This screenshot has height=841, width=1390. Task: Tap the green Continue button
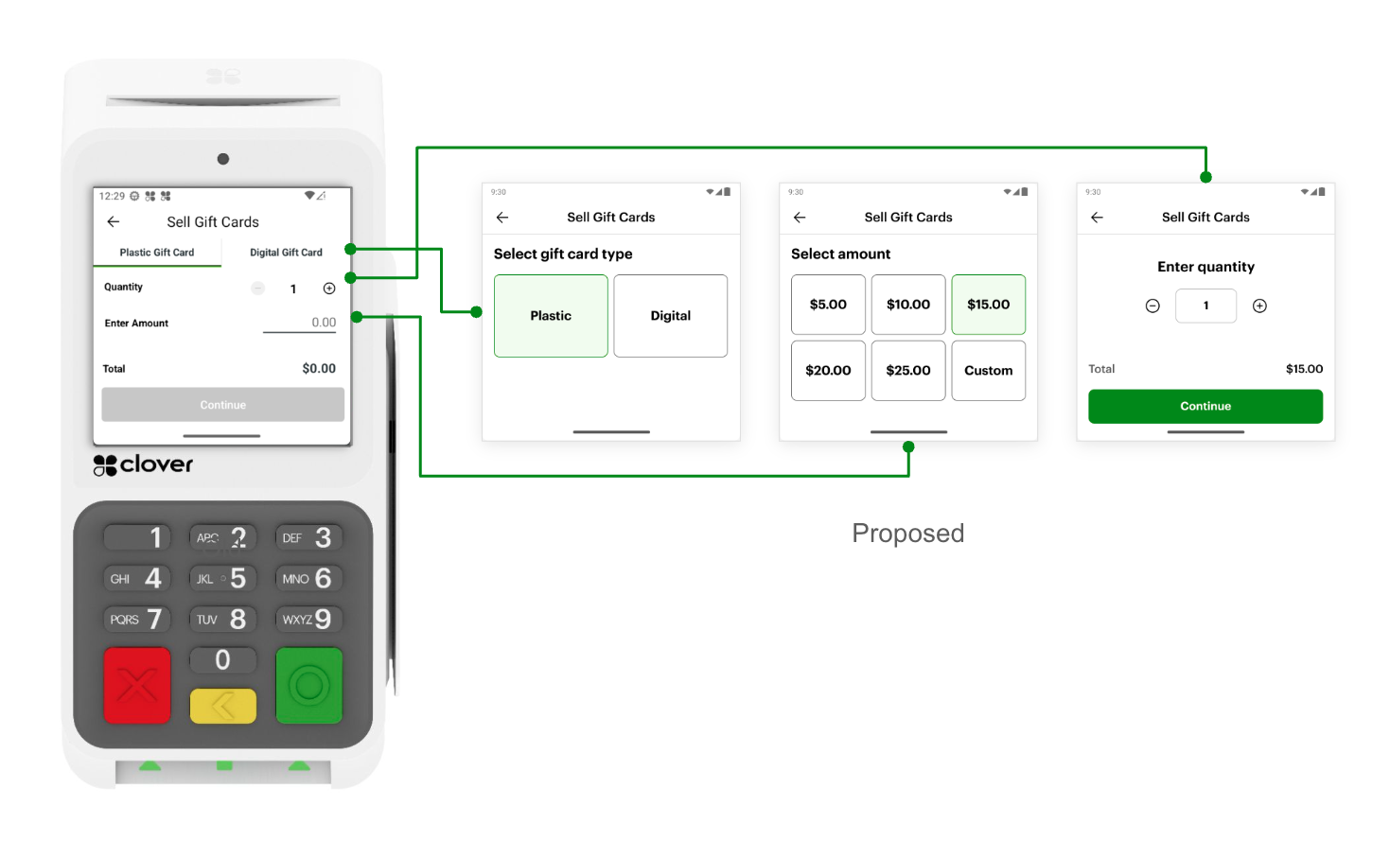click(x=1205, y=407)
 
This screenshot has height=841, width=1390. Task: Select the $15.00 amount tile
click(x=988, y=305)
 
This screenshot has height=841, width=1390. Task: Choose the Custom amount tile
click(x=988, y=371)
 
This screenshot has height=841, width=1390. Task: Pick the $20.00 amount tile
click(x=828, y=371)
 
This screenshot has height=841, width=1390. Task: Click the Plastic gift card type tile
click(x=551, y=316)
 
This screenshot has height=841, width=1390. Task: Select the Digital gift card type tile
click(x=670, y=316)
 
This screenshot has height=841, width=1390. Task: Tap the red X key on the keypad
click(x=137, y=686)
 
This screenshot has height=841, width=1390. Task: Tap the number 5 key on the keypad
click(x=222, y=578)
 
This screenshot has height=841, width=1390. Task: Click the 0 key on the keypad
click(x=222, y=659)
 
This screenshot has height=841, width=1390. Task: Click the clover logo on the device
click(x=143, y=464)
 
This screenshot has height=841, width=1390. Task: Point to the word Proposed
click(x=907, y=534)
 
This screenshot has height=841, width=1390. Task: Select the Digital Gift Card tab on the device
click(x=286, y=253)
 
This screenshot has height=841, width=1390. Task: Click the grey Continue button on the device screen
click(x=222, y=405)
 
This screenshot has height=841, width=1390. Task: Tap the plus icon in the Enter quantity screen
click(x=1259, y=306)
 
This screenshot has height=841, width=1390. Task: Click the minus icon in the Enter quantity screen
click(x=1152, y=306)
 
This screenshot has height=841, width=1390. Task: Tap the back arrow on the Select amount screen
click(x=800, y=218)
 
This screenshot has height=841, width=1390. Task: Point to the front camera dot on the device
click(x=223, y=159)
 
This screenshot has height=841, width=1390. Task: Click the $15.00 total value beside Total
click(x=1304, y=369)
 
